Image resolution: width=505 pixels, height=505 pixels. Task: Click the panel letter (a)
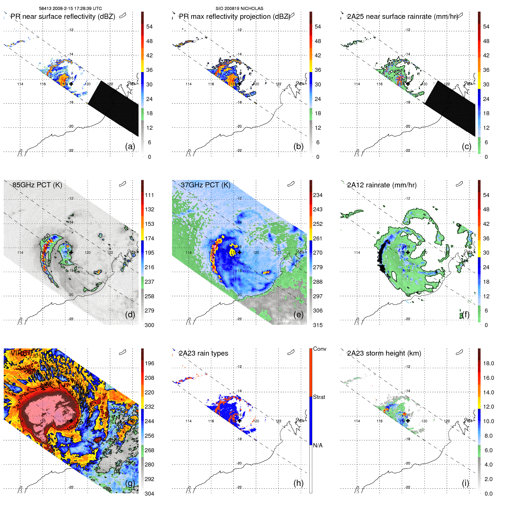[130, 147]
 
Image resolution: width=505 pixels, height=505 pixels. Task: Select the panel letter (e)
[298, 315]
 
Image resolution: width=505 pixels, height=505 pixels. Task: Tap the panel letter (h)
[298, 483]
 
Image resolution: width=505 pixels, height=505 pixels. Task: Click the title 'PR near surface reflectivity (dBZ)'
[63, 17]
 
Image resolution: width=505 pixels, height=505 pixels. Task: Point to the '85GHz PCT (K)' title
[37, 185]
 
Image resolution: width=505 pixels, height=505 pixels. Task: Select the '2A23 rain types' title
[203, 353]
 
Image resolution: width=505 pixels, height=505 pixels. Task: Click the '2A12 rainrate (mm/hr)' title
[382, 185]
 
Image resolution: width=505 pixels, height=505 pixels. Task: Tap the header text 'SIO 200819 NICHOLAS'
[239, 9]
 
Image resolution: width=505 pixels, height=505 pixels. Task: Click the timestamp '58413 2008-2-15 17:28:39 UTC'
[70, 9]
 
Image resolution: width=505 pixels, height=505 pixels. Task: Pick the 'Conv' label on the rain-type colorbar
[319, 349]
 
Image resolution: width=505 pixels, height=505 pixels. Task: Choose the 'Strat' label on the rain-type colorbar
[319, 397]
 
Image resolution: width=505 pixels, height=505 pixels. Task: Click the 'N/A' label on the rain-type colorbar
[318, 445]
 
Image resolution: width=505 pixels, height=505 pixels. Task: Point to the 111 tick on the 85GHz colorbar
[149, 195]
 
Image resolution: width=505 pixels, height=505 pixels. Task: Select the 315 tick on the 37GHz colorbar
[318, 325]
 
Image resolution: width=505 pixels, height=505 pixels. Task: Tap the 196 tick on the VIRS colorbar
[149, 363]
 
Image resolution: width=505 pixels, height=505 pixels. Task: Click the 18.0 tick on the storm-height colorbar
[488, 363]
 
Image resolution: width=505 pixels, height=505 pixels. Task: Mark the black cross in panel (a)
[71, 84]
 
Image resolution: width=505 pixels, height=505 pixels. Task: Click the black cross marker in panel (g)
[71, 421]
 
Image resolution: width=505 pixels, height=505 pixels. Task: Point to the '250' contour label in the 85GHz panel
[46, 238]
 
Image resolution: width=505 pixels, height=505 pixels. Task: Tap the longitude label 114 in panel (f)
[357, 253]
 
